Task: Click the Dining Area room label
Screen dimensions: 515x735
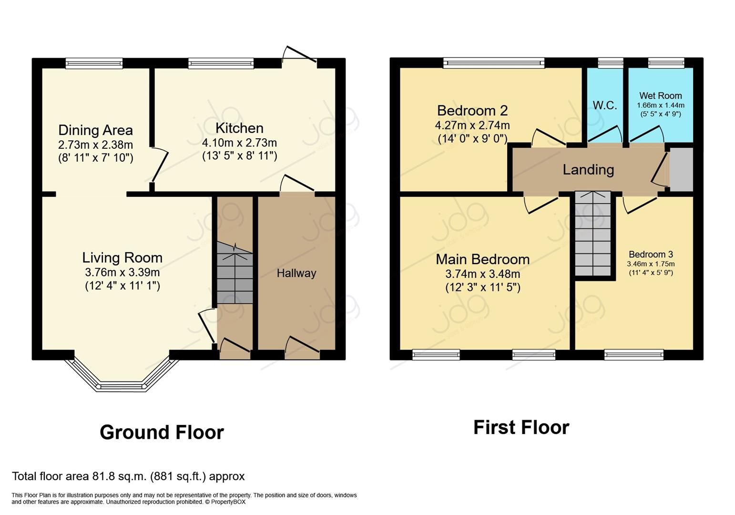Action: click(x=95, y=130)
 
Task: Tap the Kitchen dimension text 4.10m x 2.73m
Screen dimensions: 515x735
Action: click(x=239, y=143)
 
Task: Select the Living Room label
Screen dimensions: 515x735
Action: click(x=122, y=258)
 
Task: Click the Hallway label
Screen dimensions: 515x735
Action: click(x=296, y=273)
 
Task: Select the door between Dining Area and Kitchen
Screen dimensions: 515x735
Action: click(x=159, y=165)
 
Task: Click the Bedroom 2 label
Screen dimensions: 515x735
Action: click(x=472, y=111)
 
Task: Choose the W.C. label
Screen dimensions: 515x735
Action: click(x=604, y=105)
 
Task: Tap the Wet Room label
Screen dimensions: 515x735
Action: click(x=660, y=96)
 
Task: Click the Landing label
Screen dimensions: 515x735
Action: click(x=588, y=170)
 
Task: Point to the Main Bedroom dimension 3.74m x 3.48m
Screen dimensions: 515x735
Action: click(x=482, y=274)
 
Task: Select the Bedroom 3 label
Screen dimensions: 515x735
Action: click(x=651, y=254)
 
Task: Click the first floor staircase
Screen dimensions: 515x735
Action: click(x=592, y=234)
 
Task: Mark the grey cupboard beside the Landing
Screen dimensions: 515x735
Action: click(x=681, y=169)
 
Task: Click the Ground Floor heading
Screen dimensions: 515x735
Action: click(x=162, y=433)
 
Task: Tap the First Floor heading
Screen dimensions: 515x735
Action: click(x=521, y=427)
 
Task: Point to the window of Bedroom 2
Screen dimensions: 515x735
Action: click(x=493, y=62)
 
